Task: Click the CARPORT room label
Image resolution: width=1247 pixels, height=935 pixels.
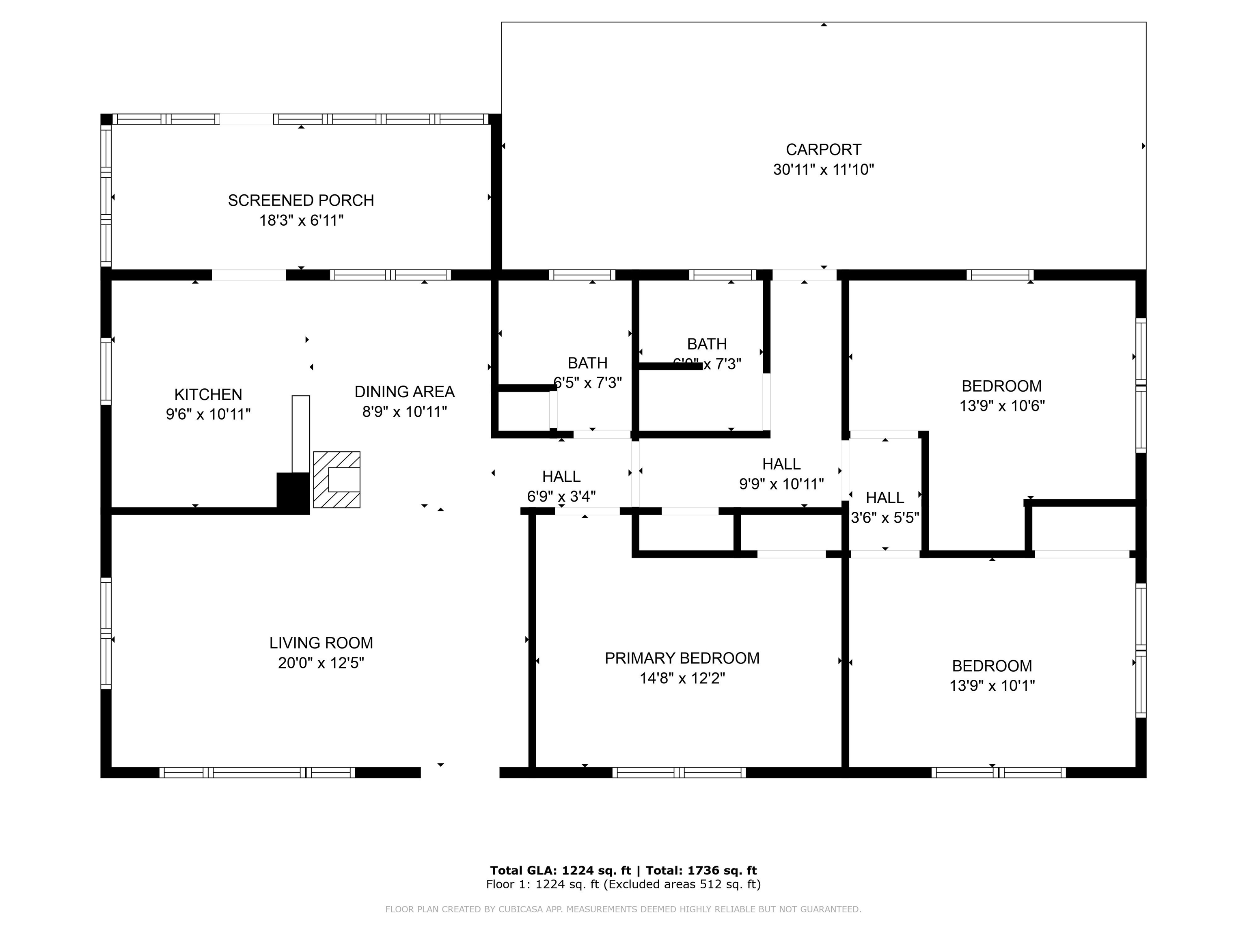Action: (x=823, y=149)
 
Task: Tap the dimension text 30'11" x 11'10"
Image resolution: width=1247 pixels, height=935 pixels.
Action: (x=823, y=170)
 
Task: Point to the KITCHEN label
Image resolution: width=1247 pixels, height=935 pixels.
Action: (x=208, y=394)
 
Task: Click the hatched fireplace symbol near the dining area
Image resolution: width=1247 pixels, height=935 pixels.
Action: (x=337, y=480)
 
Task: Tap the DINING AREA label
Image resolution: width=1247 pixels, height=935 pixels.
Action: (x=404, y=391)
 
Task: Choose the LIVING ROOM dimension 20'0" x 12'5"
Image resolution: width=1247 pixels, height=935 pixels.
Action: (x=321, y=663)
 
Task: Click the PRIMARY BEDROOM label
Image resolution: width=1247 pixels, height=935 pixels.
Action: (x=682, y=658)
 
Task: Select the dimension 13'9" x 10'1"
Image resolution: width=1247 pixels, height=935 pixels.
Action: (x=992, y=685)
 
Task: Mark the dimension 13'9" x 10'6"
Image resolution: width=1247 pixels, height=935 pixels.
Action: (x=1002, y=406)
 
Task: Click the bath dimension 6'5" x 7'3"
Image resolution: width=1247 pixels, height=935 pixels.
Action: (x=587, y=383)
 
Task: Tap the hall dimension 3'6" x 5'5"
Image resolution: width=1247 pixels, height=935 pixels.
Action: (x=885, y=517)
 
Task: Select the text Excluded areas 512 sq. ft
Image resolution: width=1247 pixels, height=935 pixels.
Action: (x=682, y=884)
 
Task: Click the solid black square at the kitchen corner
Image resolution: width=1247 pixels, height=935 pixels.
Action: (x=293, y=493)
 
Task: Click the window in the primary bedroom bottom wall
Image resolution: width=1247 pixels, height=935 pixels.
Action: (x=679, y=772)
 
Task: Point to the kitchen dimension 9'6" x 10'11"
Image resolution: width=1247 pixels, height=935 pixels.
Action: (x=208, y=414)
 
